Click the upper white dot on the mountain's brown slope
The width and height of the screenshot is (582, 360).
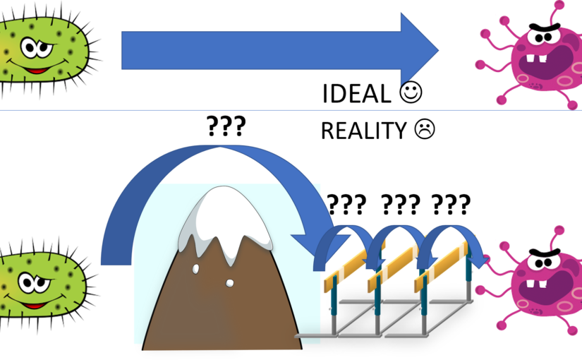[x=196, y=268]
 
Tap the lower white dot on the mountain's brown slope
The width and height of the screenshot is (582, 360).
[x=229, y=283]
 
